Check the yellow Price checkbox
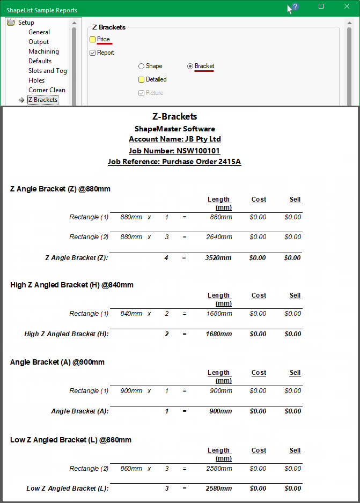pyautogui.click(x=93, y=40)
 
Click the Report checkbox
pyautogui.click(x=93, y=53)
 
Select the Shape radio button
pyautogui.click(x=142, y=66)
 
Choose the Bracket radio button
pyautogui.click(x=190, y=66)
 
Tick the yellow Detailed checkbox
pyautogui.click(x=142, y=80)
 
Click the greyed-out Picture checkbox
pyautogui.click(x=142, y=93)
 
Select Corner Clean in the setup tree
pyautogui.click(x=47, y=90)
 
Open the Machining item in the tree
pyautogui.click(x=43, y=51)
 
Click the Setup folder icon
pyautogui.click(x=11, y=23)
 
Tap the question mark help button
pyautogui.click(x=295, y=7)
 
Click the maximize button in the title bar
pyautogui.click(x=321, y=6)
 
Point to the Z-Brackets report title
pyautogui.click(x=174, y=116)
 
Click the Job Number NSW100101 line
pyautogui.click(x=174, y=151)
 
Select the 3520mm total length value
pyautogui.click(x=218, y=258)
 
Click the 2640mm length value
pyautogui.click(x=219, y=237)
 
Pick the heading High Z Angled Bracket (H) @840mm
pyautogui.click(x=72, y=285)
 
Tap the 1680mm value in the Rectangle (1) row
pyautogui.click(x=219, y=314)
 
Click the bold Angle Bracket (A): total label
pyautogui.click(x=80, y=411)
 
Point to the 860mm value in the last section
pyautogui.click(x=131, y=469)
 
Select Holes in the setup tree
pyautogui.click(x=36, y=80)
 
